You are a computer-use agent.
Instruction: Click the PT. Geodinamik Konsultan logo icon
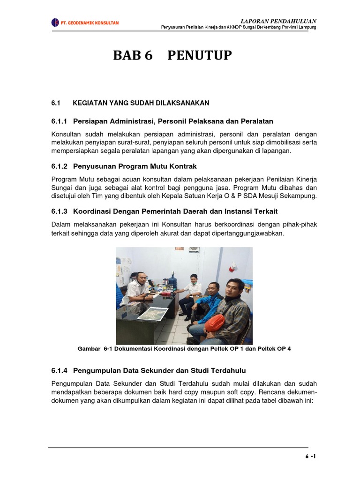[55, 22]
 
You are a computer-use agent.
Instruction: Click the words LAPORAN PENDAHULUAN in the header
[278, 21]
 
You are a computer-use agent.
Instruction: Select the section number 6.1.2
[60, 166]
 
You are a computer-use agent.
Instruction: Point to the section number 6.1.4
[60, 370]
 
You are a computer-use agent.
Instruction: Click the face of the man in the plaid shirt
[234, 290]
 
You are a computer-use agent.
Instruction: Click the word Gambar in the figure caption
[89, 349]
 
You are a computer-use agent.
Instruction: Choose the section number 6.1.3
[60, 212]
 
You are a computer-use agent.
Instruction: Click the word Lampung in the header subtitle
[307, 28]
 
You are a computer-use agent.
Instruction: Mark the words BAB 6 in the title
[133, 56]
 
